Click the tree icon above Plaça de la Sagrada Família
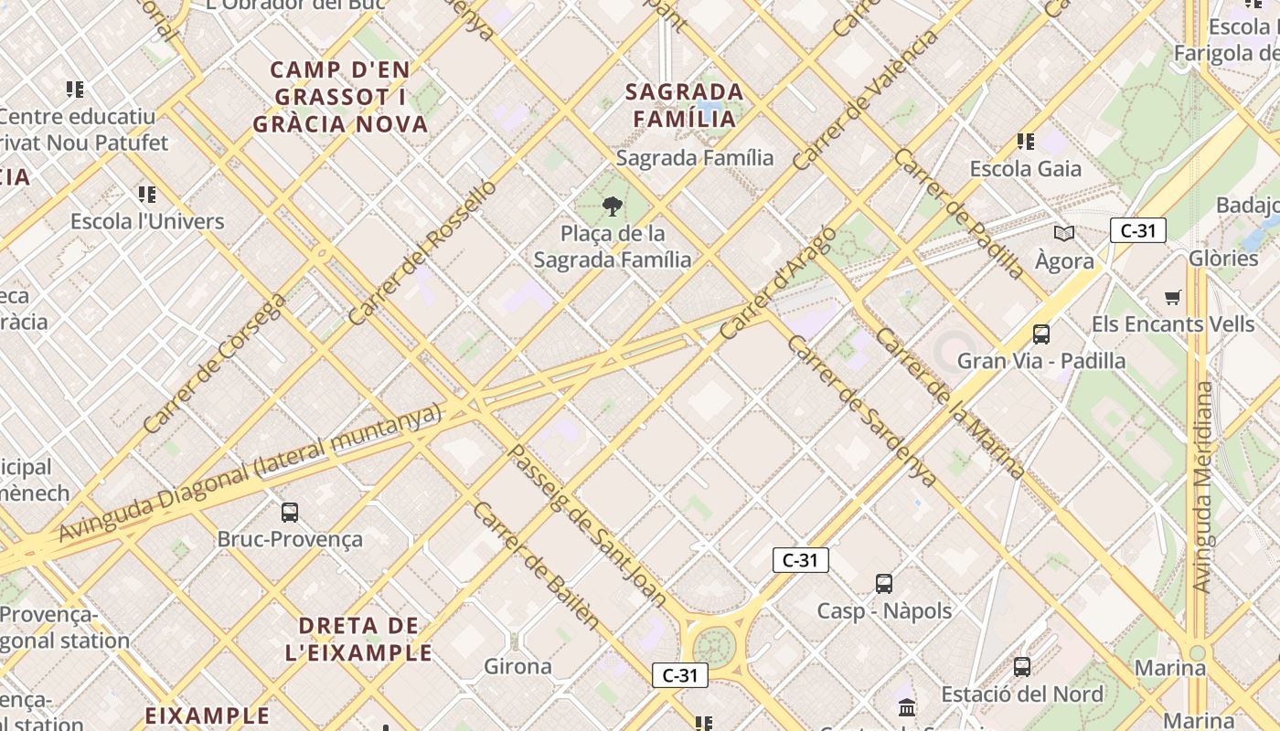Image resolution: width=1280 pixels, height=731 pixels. point(613,206)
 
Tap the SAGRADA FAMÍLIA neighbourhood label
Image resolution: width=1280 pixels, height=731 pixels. point(685,105)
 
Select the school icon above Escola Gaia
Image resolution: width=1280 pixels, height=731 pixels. point(1026,142)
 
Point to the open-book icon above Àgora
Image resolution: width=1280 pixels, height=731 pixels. point(1064,234)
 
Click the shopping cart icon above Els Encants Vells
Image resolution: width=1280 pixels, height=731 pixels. point(1173,297)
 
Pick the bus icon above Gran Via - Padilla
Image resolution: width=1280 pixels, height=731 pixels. point(1040,334)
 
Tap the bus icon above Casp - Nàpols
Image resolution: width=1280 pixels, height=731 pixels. point(883,583)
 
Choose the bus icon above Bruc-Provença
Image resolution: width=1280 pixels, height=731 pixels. point(290,512)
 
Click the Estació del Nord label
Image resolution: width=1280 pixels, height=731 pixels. point(1022,694)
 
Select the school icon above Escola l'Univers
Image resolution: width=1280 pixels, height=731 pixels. point(147,194)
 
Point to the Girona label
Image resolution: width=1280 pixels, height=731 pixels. point(517,666)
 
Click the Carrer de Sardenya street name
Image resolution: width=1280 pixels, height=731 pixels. point(861,411)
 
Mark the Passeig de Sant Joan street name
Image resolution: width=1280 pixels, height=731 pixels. point(588,524)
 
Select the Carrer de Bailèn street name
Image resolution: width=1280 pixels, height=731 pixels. point(537,567)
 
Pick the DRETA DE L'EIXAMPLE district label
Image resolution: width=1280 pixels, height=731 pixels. point(358,640)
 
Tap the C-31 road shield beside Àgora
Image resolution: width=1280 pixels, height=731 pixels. point(1137,230)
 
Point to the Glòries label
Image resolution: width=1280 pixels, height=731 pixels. point(1223,258)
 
